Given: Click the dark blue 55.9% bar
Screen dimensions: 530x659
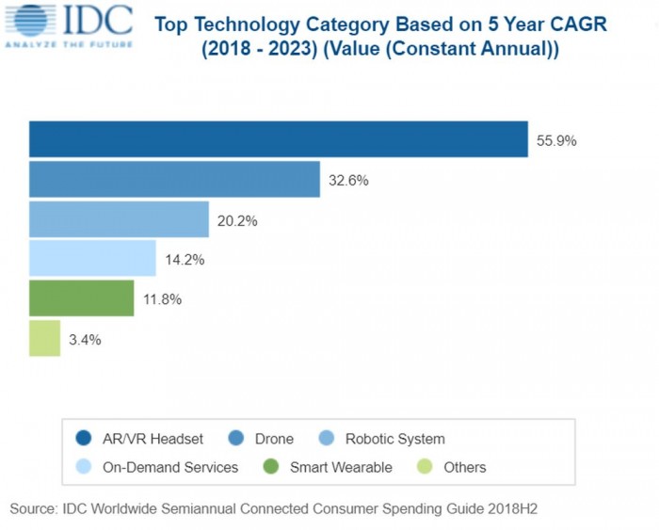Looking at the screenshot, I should [278, 139].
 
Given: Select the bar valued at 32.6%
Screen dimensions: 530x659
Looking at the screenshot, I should [174, 180].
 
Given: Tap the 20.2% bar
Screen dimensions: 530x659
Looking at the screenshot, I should [119, 219].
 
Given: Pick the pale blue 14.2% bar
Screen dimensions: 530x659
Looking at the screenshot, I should [92, 259].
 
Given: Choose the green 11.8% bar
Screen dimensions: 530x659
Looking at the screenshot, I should [82, 298].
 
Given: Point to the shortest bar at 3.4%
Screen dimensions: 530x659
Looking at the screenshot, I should [45, 338].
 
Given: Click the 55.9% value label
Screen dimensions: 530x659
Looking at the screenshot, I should [556, 141].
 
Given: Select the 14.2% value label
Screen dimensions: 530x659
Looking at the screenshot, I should [184, 260].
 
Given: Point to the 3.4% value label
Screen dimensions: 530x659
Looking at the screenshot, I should [85, 339].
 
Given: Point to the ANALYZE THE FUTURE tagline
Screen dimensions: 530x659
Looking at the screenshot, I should [68, 42].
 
